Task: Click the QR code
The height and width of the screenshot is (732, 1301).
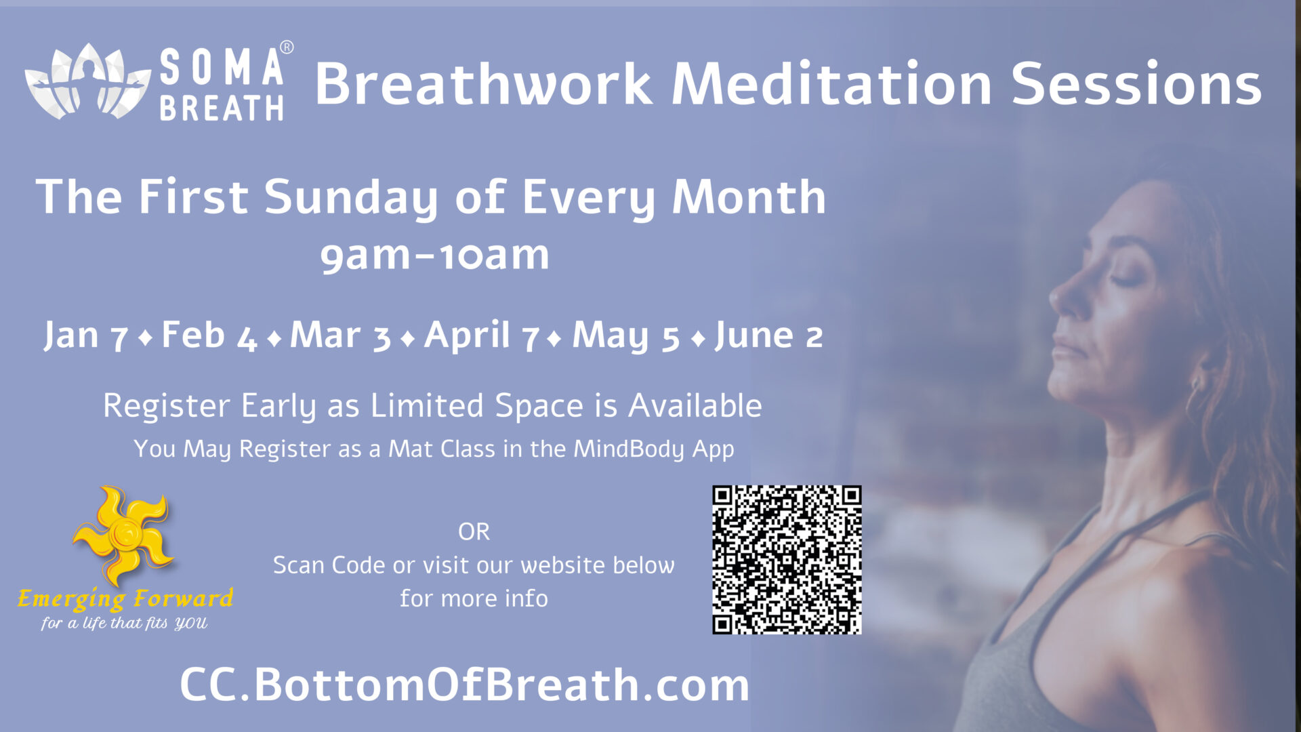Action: [787, 560]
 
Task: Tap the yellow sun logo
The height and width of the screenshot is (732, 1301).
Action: [123, 535]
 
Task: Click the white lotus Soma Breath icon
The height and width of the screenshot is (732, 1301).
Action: [87, 81]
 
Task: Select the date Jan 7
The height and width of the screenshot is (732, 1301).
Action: [86, 335]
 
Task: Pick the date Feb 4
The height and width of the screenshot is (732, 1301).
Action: [209, 335]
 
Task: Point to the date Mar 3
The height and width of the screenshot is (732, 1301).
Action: [341, 335]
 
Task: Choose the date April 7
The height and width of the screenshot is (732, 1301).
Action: [482, 335]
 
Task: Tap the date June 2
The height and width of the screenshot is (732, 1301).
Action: [769, 335]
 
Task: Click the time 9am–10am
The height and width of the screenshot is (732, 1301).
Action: [435, 256]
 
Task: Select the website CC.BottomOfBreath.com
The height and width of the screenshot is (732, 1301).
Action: [465, 685]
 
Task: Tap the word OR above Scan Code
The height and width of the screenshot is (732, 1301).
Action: [474, 532]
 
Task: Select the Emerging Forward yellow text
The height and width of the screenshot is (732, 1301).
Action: [125, 599]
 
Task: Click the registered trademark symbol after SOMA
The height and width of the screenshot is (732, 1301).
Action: [287, 47]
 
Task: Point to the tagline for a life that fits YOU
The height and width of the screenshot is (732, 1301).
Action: [124, 623]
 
